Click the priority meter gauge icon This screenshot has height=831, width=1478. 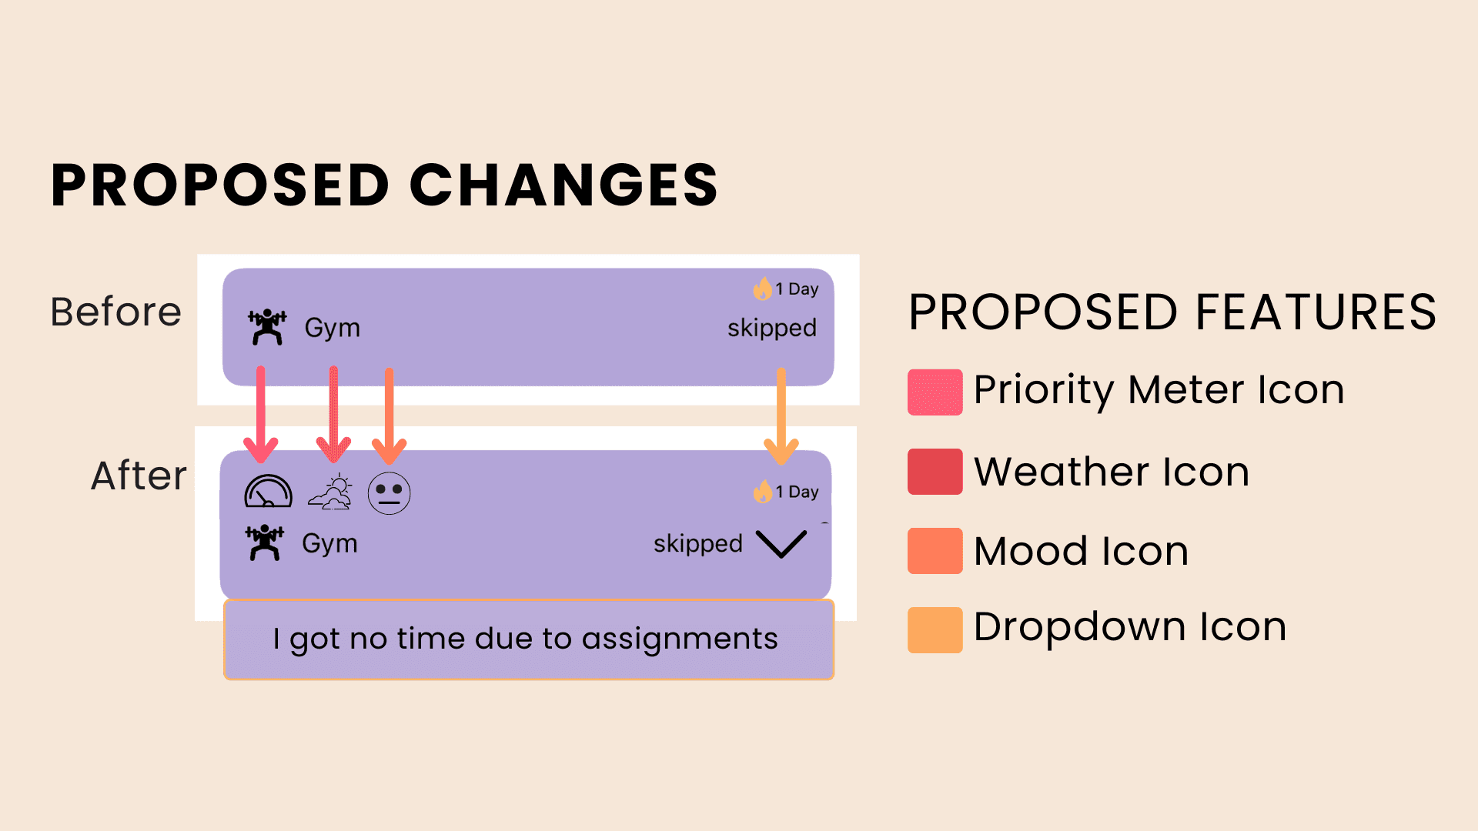(268, 492)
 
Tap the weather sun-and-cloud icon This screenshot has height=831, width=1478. (330, 492)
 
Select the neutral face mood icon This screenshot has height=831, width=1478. (389, 493)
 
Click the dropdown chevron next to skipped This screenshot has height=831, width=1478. (781, 543)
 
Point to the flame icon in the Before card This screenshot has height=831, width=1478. (762, 289)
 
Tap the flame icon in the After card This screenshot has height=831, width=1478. (762, 492)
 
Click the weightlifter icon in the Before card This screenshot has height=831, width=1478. (266, 327)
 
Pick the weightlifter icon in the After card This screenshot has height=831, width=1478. (264, 542)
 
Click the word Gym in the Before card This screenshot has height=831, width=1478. (332, 328)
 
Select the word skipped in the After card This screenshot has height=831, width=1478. (697, 544)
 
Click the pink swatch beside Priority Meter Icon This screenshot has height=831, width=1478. (935, 392)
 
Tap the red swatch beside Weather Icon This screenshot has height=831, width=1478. (935, 471)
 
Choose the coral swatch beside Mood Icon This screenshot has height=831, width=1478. (935, 550)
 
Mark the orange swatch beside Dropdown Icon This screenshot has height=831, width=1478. (935, 629)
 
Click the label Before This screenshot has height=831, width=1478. (115, 312)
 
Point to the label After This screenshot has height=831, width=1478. (139, 476)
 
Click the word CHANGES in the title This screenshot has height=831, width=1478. (563, 185)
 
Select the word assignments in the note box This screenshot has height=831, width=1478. (679, 639)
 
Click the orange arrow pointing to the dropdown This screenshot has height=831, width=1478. (781, 415)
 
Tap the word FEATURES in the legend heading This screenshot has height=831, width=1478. (1316, 312)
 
